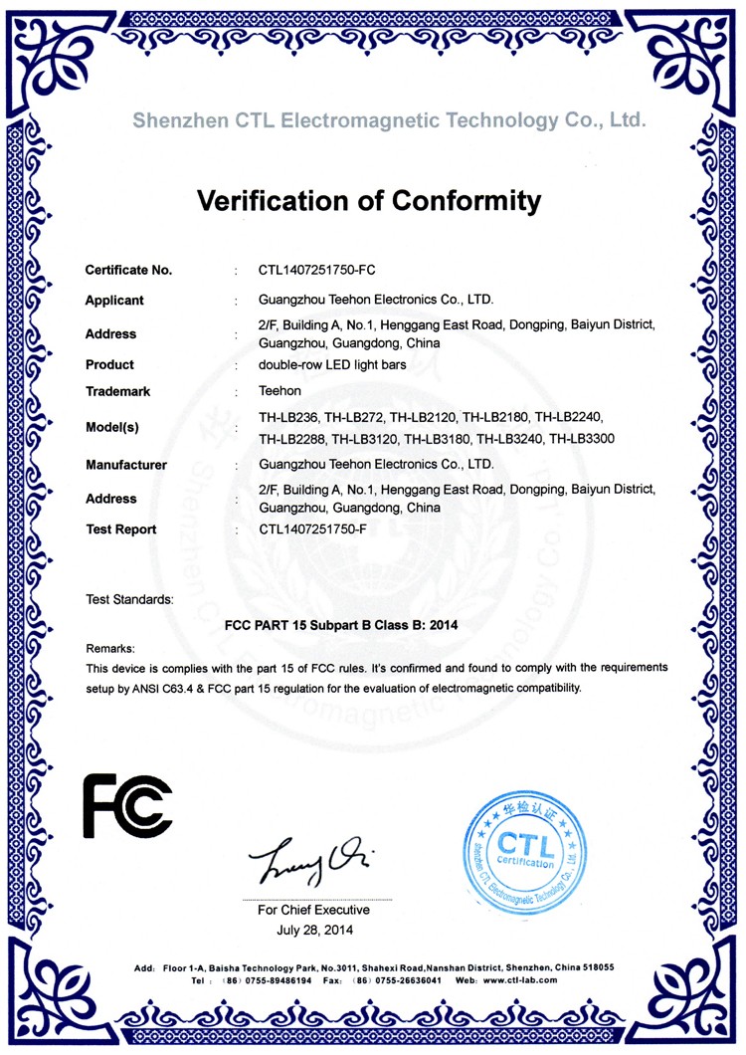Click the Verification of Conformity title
tap(370, 201)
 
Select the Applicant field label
tap(114, 301)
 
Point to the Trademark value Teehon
tap(280, 391)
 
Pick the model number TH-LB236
tap(289, 416)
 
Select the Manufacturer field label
tap(126, 465)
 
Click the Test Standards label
tap(129, 599)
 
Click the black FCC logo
tap(127, 805)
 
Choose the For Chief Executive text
tap(313, 910)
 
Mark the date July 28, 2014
tap(313, 931)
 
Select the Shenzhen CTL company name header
tap(390, 121)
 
